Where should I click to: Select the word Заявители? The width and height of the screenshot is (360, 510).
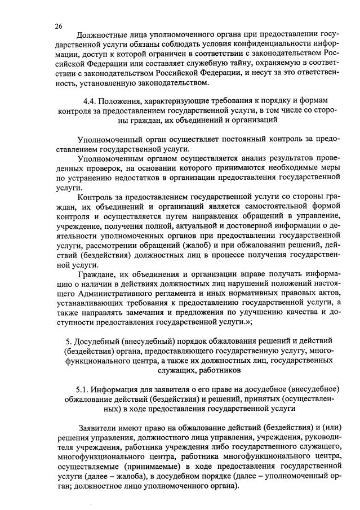(x=100, y=427)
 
